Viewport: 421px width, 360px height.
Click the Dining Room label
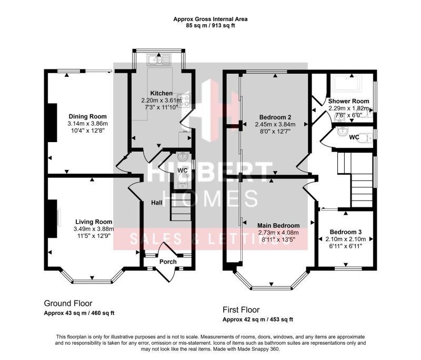(x=88, y=116)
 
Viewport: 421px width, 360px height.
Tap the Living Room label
(x=93, y=222)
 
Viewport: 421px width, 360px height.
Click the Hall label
(x=157, y=202)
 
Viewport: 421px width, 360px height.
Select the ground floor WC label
(x=183, y=171)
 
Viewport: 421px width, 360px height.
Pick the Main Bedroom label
(x=278, y=225)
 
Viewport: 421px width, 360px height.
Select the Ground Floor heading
(x=68, y=303)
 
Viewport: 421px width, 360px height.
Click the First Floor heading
(x=241, y=309)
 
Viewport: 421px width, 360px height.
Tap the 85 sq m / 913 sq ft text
(x=210, y=25)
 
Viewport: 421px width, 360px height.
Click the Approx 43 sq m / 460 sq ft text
(x=79, y=313)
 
